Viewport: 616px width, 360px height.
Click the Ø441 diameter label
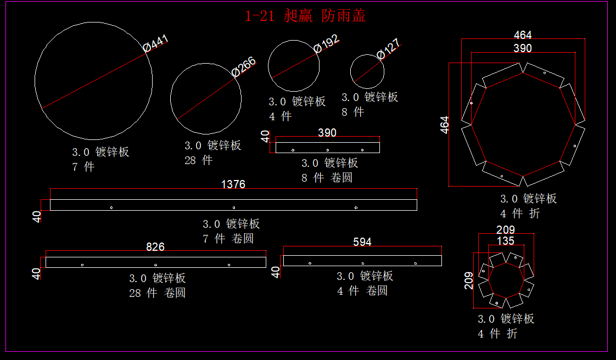156,44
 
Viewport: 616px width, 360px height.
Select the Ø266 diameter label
243,66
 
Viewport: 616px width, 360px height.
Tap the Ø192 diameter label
327,43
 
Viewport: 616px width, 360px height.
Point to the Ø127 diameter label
388,49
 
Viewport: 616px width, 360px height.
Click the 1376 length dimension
233,184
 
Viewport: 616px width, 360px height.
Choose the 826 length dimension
155,247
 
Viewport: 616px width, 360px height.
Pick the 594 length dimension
362,242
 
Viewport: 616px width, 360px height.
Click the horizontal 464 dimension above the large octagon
523,35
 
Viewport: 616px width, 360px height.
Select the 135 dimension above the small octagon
506,241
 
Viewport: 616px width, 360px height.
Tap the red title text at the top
305,16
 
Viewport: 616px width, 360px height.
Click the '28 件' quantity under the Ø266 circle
198,161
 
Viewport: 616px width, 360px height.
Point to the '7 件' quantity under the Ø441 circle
83,167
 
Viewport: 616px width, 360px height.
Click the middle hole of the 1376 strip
234,207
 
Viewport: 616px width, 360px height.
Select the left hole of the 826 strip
82,265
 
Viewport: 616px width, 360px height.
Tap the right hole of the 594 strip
415,263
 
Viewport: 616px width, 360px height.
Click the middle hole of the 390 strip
328,150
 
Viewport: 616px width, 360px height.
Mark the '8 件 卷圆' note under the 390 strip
327,178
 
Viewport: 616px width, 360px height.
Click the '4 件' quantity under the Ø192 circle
280,116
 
